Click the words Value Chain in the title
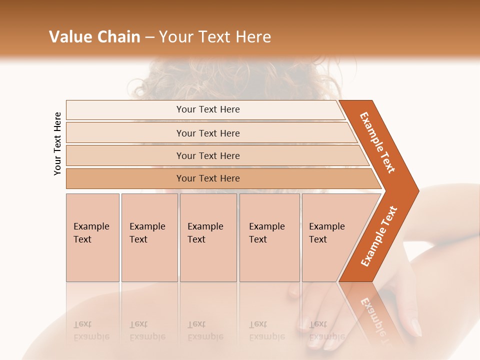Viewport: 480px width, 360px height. pos(94,37)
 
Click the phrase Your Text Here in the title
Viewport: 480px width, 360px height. pos(215,37)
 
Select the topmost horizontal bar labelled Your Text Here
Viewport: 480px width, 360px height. pos(208,109)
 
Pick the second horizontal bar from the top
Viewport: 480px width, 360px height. pos(208,133)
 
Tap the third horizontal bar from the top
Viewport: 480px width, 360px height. pos(208,155)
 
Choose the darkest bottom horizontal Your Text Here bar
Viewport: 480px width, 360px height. pos(208,178)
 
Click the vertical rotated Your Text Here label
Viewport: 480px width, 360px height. pos(57,143)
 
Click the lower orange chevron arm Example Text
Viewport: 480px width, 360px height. pos(378,236)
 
